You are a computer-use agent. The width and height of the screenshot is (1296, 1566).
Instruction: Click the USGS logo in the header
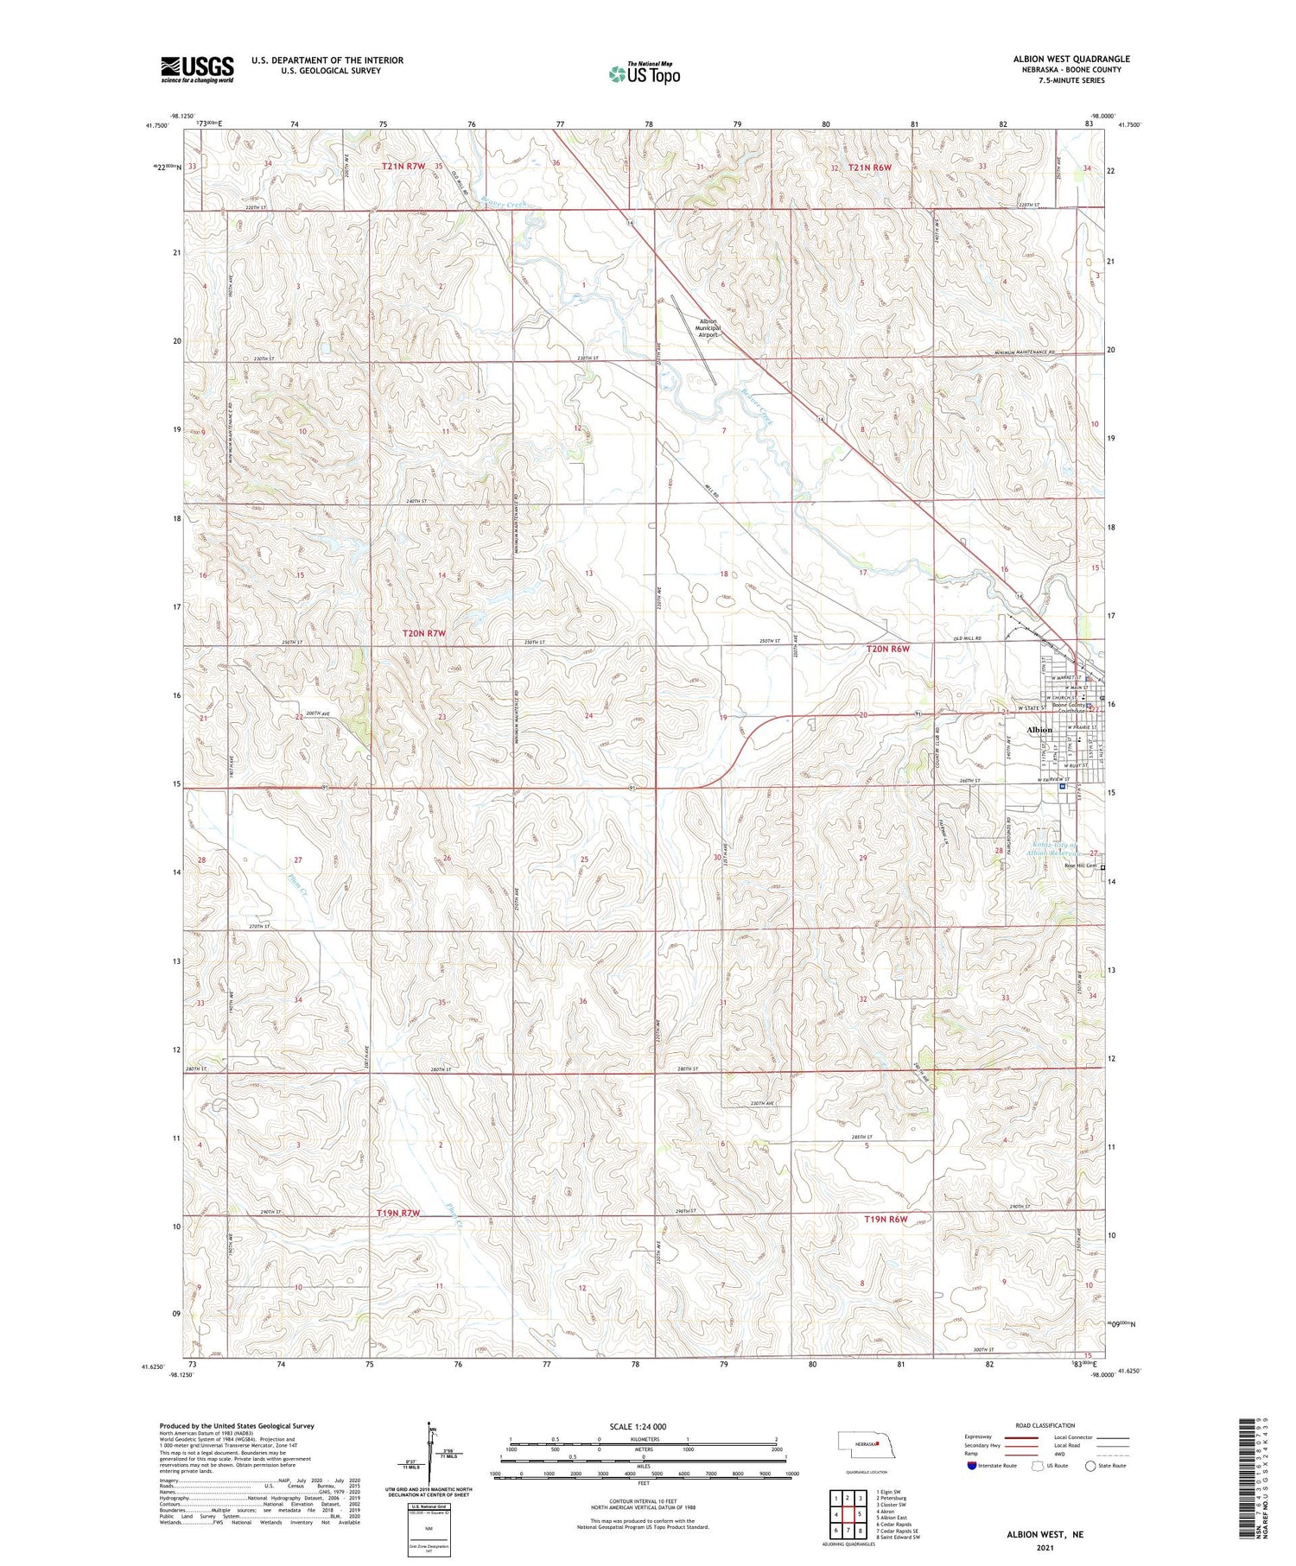pos(197,69)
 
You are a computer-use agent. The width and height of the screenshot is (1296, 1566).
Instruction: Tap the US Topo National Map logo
pos(644,73)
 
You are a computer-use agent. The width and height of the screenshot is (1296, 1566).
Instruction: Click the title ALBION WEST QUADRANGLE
pos(1071,59)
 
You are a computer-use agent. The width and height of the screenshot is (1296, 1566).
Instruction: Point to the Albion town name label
pos(1039,730)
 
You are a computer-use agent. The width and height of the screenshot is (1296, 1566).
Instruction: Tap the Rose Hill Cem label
pos(1080,865)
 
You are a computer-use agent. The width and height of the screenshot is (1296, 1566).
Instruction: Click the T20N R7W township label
pos(424,633)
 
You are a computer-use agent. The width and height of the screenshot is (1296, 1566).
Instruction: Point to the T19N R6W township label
pos(886,1219)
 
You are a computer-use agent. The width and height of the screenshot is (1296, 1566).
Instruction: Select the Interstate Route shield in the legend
pos(971,1466)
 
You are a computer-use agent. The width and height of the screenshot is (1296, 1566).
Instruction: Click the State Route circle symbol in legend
pos(1090,1466)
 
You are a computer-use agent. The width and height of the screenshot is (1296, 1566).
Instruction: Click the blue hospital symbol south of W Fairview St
pos(1062,786)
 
